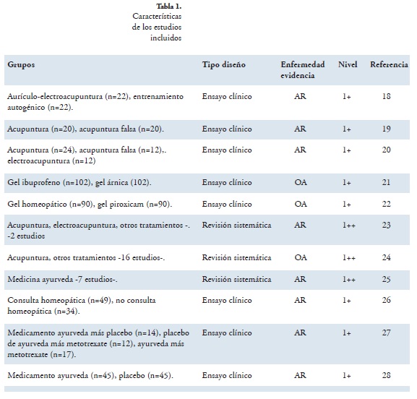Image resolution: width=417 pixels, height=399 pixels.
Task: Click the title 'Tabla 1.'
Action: click(x=169, y=6)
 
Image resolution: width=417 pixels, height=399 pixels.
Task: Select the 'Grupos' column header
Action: click(x=21, y=64)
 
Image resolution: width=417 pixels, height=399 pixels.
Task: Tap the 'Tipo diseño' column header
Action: click(x=223, y=64)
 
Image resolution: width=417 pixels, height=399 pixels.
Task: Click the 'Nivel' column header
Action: click(x=348, y=64)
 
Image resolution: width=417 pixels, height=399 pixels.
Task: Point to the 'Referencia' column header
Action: click(x=389, y=64)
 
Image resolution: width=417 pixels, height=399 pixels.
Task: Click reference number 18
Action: click(x=386, y=96)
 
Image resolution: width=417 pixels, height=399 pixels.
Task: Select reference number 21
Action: click(x=386, y=182)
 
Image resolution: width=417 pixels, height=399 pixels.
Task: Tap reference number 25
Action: click(x=386, y=279)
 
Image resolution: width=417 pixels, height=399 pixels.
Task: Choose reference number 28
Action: click(x=386, y=375)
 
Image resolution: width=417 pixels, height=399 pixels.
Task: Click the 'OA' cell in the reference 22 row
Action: click(x=301, y=204)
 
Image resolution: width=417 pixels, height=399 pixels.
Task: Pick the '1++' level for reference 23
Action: click(x=348, y=226)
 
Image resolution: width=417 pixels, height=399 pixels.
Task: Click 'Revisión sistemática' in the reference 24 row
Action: click(x=236, y=257)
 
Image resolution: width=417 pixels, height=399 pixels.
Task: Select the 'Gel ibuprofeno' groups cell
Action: click(x=79, y=183)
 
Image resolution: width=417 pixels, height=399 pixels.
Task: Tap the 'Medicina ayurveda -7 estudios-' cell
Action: click(x=62, y=279)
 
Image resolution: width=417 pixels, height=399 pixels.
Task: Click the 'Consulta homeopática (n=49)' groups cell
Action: click(x=82, y=306)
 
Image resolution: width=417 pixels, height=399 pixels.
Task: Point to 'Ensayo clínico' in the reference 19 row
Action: click(x=227, y=129)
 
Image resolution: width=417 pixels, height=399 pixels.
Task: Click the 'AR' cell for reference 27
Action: click(x=300, y=332)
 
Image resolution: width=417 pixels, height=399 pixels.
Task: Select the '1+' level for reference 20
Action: click(x=346, y=150)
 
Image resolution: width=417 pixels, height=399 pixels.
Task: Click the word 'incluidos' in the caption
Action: click(x=165, y=38)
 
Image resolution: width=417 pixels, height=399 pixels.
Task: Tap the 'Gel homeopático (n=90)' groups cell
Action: click(x=90, y=205)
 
